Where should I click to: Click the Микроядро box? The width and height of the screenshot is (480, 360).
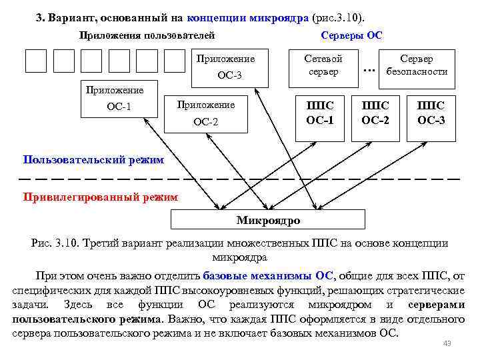pyautogui.click(x=269, y=220)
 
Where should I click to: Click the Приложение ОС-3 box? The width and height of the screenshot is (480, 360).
pyautogui.click(x=233, y=67)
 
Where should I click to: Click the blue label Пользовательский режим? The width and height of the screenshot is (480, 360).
pyautogui.click(x=93, y=159)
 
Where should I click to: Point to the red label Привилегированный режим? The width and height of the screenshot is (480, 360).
pyautogui.click(x=101, y=197)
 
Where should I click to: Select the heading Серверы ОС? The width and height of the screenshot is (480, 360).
pyautogui.click(x=351, y=35)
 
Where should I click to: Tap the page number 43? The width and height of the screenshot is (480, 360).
pyautogui.click(x=447, y=343)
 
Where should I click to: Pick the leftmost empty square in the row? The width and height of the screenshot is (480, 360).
pyautogui.click(x=36, y=61)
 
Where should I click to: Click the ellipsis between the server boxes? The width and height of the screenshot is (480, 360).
pyautogui.click(x=369, y=69)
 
